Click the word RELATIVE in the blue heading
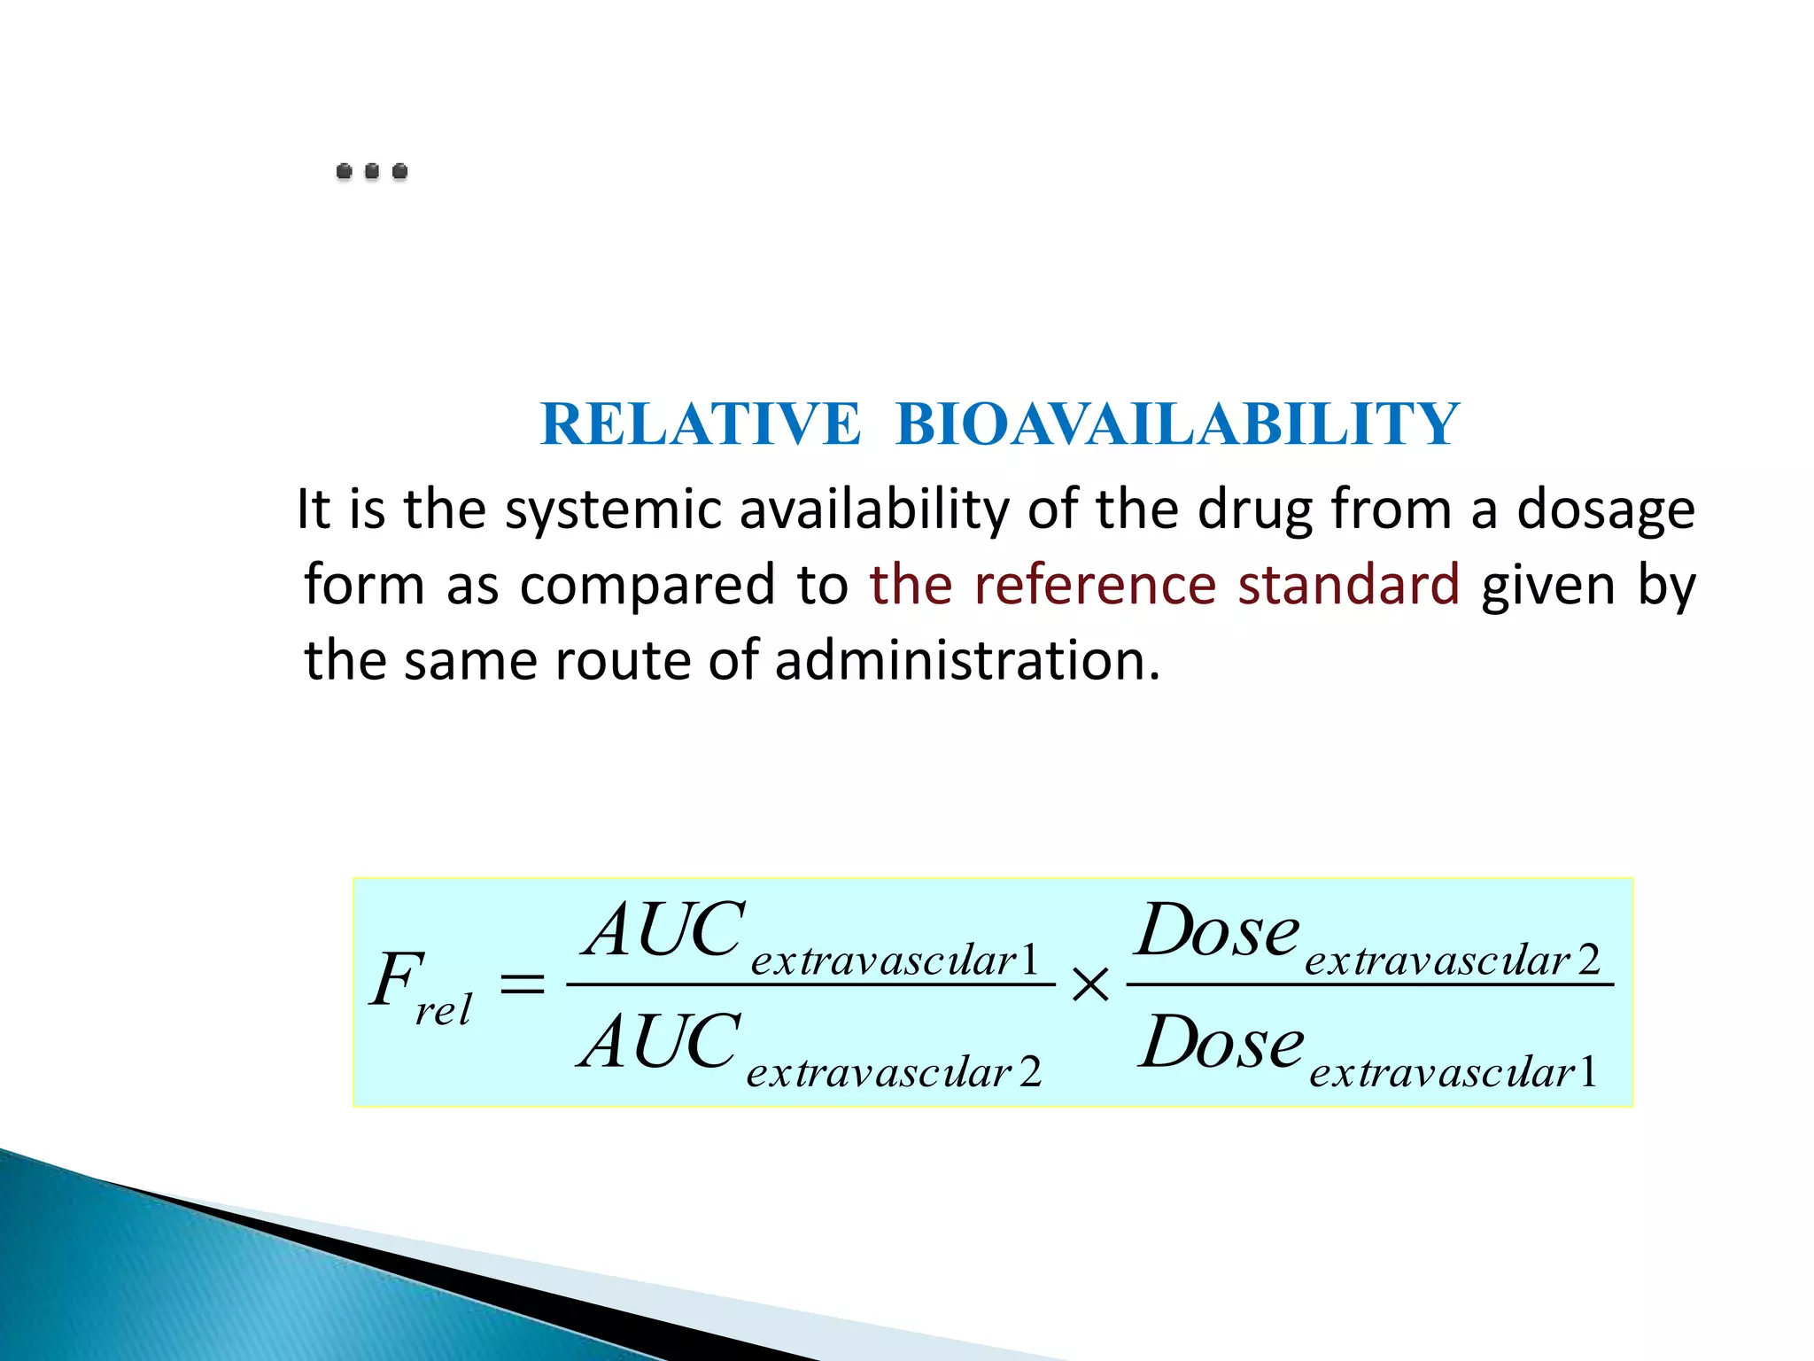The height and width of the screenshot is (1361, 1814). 700,424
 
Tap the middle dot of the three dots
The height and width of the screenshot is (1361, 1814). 372,171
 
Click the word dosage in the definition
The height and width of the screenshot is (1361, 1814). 1605,512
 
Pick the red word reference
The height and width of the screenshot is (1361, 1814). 1095,586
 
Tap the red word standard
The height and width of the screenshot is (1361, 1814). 1348,586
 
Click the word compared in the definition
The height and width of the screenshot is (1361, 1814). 647,587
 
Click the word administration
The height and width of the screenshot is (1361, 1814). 966,661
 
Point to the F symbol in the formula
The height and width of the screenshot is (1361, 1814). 396,979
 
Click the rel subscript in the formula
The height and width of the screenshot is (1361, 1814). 443,1010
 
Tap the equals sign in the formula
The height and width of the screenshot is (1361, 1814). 523,984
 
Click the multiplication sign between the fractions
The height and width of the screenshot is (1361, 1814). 1090,984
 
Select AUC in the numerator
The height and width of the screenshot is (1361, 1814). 664,930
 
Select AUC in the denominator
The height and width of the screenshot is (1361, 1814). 660,1042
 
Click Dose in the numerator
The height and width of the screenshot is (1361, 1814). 1218,930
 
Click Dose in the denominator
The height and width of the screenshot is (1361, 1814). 1221,1042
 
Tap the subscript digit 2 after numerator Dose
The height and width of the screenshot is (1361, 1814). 1589,960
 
